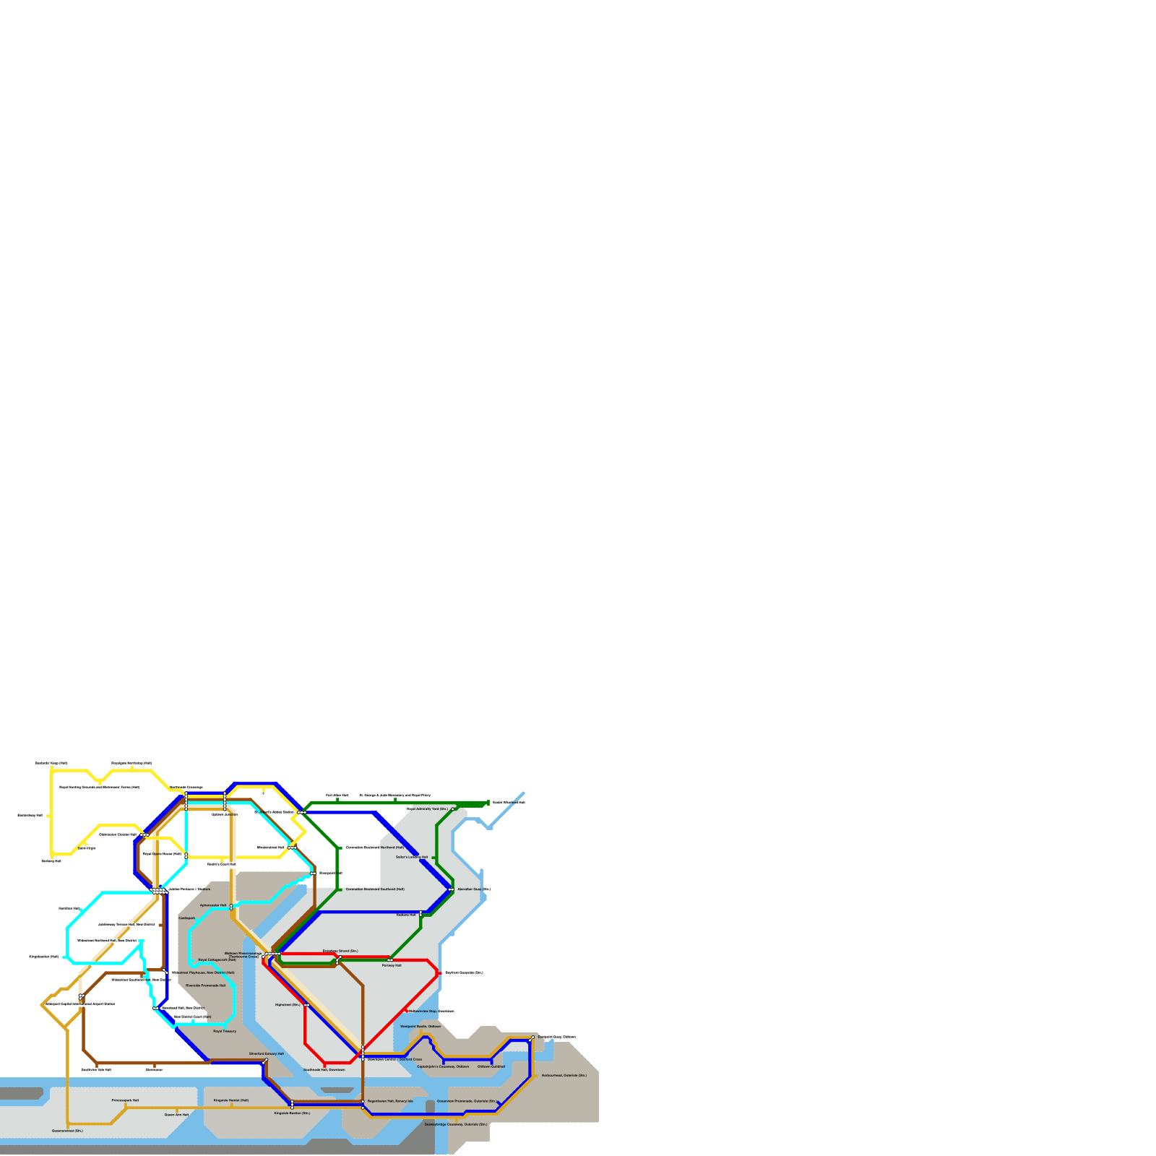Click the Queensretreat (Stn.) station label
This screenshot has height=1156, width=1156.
[67, 1131]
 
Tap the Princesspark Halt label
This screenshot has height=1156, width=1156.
[125, 1100]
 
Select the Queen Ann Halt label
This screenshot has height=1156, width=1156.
[176, 1115]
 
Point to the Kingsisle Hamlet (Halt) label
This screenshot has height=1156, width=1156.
[231, 1100]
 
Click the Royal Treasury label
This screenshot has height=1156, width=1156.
[225, 1031]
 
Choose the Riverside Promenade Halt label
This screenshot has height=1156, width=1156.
[206, 985]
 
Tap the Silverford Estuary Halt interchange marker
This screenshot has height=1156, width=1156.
[267, 1060]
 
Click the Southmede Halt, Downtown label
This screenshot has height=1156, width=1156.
[324, 1069]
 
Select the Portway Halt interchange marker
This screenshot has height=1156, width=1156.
[390, 960]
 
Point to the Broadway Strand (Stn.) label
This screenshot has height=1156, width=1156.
[340, 951]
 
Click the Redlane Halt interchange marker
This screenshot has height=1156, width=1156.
[420, 915]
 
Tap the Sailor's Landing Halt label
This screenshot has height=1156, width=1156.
[412, 857]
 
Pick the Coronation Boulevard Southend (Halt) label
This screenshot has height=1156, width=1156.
[375, 889]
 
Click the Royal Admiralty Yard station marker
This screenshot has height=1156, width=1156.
[453, 809]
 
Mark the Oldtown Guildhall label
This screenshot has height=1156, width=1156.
[491, 1066]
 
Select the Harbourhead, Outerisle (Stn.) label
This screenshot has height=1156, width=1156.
[564, 1075]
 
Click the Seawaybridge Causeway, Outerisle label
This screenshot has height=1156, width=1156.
[456, 1124]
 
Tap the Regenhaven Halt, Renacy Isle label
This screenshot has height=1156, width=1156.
[390, 1101]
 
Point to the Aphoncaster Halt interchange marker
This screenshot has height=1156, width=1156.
[231, 907]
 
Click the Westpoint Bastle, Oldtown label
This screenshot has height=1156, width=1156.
[420, 1026]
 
